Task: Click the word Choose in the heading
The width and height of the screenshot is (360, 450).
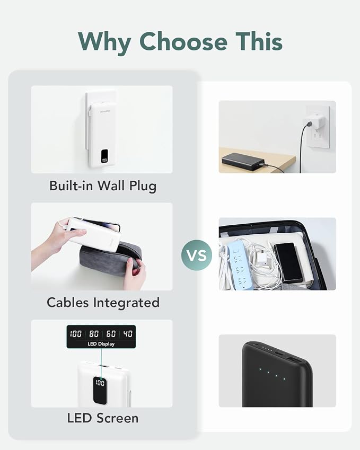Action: pos(183,42)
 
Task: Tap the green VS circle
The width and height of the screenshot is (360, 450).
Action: pos(197,255)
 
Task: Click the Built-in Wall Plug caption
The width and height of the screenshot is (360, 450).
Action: pos(103,186)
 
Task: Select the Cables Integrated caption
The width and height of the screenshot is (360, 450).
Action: pos(103,303)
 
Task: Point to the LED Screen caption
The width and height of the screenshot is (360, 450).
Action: pos(103,418)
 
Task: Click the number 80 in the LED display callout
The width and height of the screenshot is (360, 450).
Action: pos(94,334)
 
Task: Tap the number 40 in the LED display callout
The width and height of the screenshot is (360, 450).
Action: pos(128,334)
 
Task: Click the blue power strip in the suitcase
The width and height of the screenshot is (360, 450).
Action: pos(238,264)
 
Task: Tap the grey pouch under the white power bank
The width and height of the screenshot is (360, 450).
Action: pos(110,259)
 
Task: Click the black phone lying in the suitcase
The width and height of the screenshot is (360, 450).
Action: pos(288,262)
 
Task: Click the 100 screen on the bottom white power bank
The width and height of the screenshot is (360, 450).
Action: pos(100,391)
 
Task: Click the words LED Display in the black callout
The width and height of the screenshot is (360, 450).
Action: pos(101,344)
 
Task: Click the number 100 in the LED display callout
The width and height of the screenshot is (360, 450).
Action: pos(76,334)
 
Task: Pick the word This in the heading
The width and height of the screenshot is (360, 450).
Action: pos(259,41)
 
